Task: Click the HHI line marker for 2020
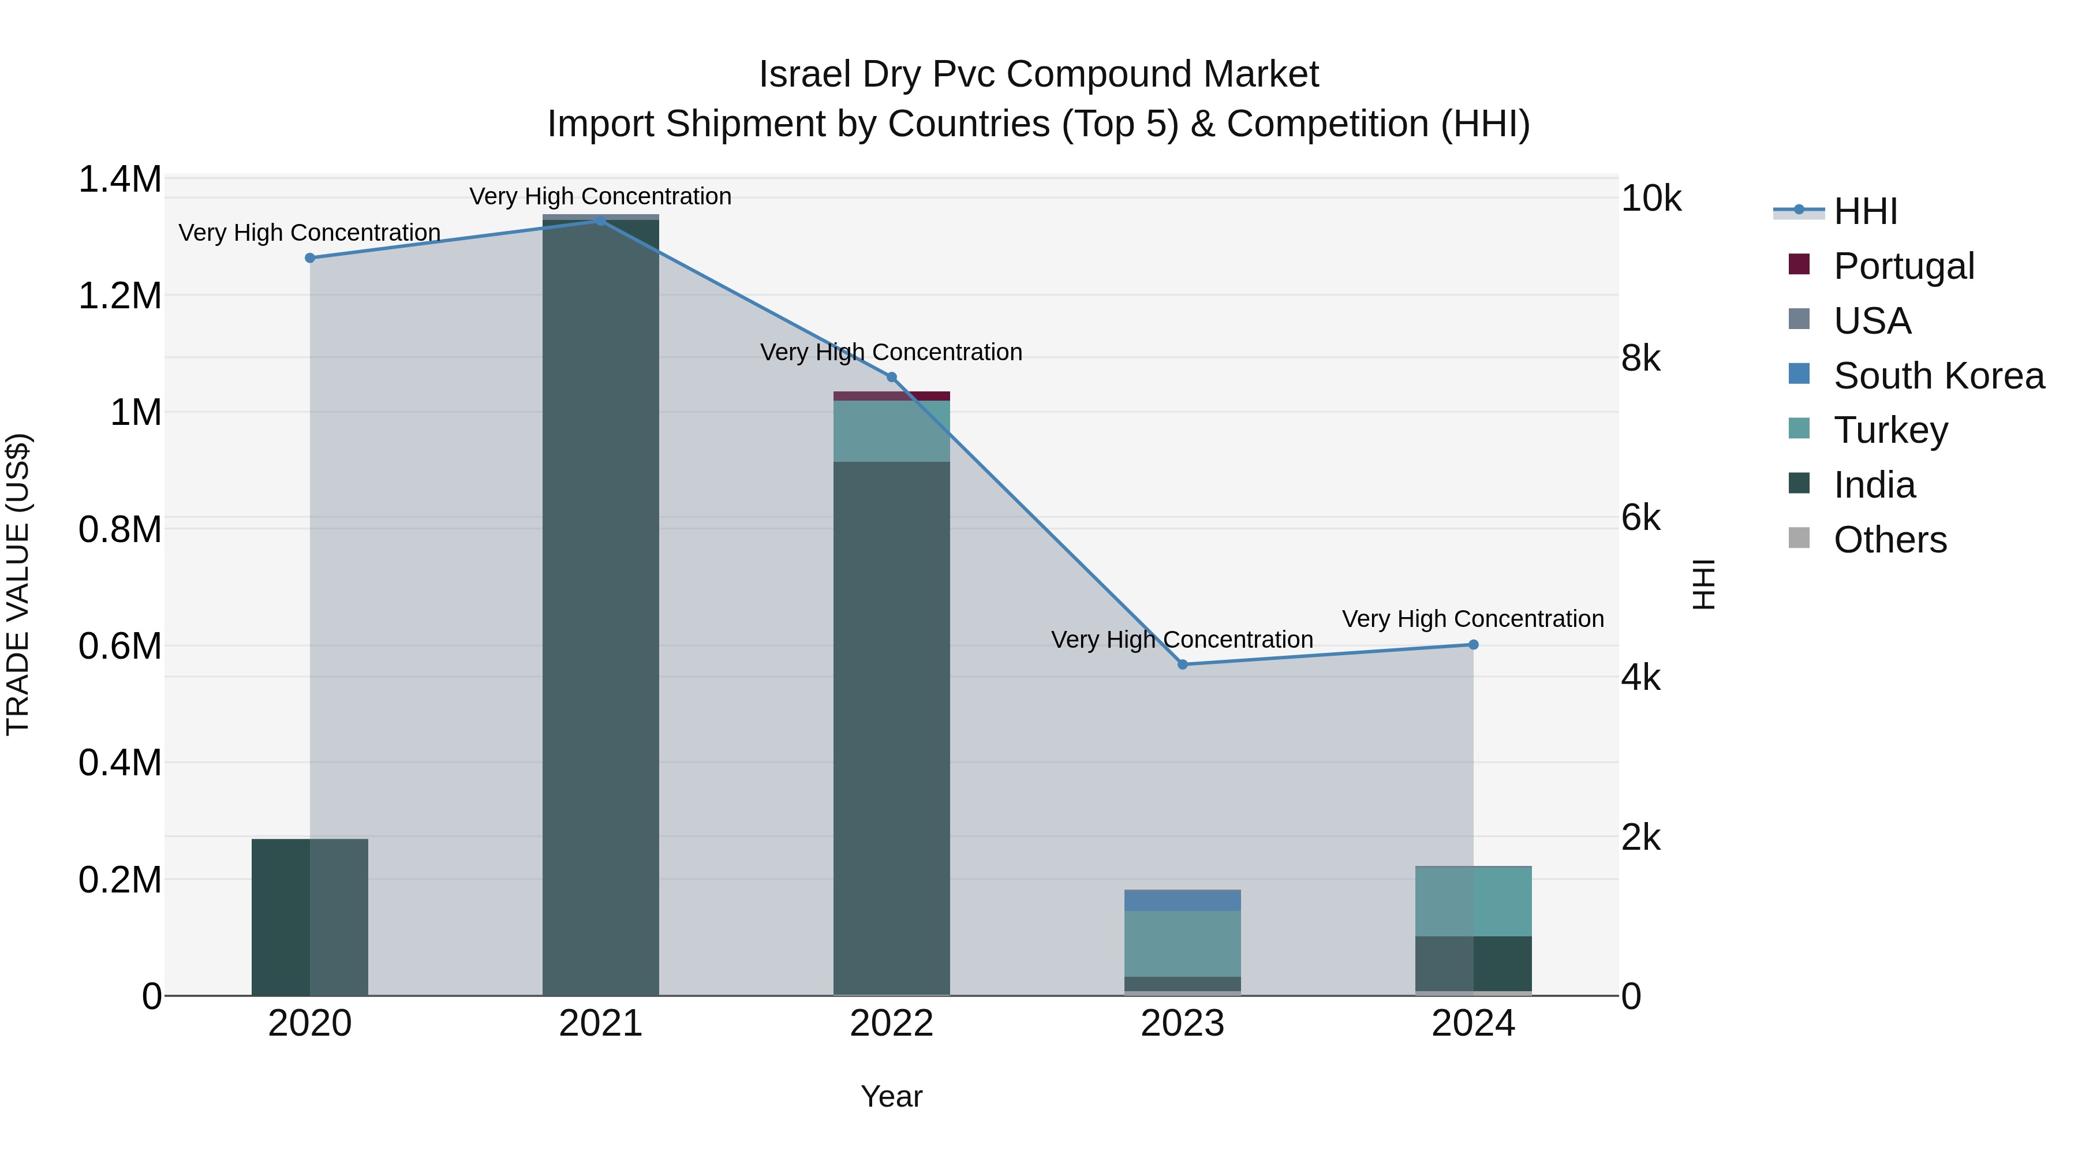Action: pos(310,258)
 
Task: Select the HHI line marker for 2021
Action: pos(600,221)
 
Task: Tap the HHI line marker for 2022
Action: pos(891,377)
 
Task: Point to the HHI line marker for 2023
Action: pos(1183,665)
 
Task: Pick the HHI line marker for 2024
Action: pos(1473,645)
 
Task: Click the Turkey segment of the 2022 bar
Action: pos(891,432)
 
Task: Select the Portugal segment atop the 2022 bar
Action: pos(891,396)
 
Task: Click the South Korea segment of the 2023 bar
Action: pos(1183,901)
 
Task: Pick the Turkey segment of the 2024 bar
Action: pos(1473,901)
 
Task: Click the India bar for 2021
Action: pos(600,605)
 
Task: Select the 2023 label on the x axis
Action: pos(1183,1024)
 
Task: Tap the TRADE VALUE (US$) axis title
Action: pos(18,584)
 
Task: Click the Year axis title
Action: pos(891,1096)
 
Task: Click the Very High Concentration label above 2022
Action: pos(891,353)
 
